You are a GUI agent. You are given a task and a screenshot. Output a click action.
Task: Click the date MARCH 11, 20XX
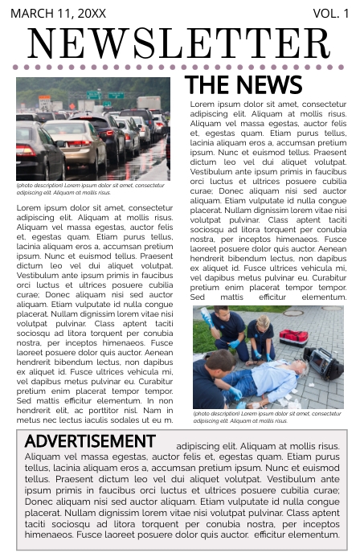58,14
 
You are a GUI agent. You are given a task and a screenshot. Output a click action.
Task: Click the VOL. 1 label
330,14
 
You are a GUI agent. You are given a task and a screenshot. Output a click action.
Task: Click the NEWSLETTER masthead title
179,43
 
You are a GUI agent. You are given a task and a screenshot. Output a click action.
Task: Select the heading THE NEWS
243,85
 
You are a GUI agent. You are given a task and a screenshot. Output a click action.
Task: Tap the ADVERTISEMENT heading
89,441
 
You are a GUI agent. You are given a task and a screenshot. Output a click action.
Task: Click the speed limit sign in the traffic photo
45,103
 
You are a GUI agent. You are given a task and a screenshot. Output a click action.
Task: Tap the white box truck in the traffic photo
149,104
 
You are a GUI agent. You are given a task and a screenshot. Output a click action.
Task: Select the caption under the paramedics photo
267,417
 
